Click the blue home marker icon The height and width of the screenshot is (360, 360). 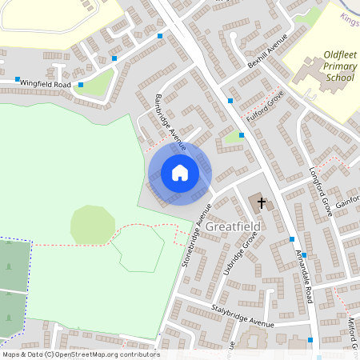(x=179, y=173)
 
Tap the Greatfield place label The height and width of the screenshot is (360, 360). (x=233, y=227)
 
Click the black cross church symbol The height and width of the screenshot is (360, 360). (x=261, y=203)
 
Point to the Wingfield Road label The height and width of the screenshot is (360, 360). (x=46, y=83)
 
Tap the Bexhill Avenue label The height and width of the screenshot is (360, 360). (x=266, y=54)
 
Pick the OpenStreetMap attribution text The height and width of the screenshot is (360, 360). (x=80, y=354)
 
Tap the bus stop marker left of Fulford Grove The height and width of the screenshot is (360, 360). (x=230, y=101)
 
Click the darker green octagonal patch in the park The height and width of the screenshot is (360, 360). (x=93, y=225)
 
